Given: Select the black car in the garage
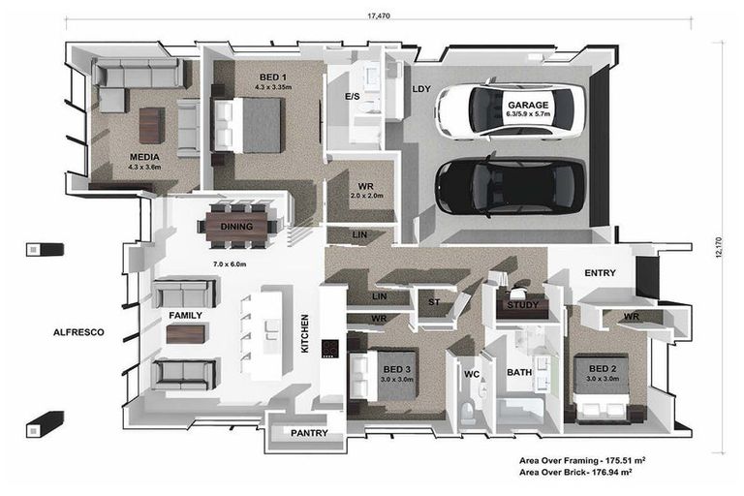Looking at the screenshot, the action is pos(511,186).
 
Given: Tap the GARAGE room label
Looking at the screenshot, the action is pos(528,106).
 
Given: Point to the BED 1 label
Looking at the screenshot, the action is pos(272,77).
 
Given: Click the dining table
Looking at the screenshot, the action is pos(236,227).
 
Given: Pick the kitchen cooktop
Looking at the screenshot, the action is pos(329,349).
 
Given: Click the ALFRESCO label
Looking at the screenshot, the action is pos(78,332).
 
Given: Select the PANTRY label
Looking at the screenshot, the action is pos(309,433).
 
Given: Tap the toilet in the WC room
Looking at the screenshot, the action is pos(467,413).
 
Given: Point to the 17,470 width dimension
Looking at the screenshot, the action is pos(379,15).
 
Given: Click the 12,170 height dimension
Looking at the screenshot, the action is pos(719,247).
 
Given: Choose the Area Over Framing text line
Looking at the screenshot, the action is pos(582,460).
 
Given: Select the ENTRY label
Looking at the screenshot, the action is pos(601,273).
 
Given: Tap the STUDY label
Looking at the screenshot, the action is pos(523,305).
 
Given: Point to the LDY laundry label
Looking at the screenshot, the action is pos(421,89).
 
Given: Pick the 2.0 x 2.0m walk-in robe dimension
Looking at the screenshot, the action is pos(366,196).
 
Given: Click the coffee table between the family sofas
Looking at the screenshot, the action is pos(186,333).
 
